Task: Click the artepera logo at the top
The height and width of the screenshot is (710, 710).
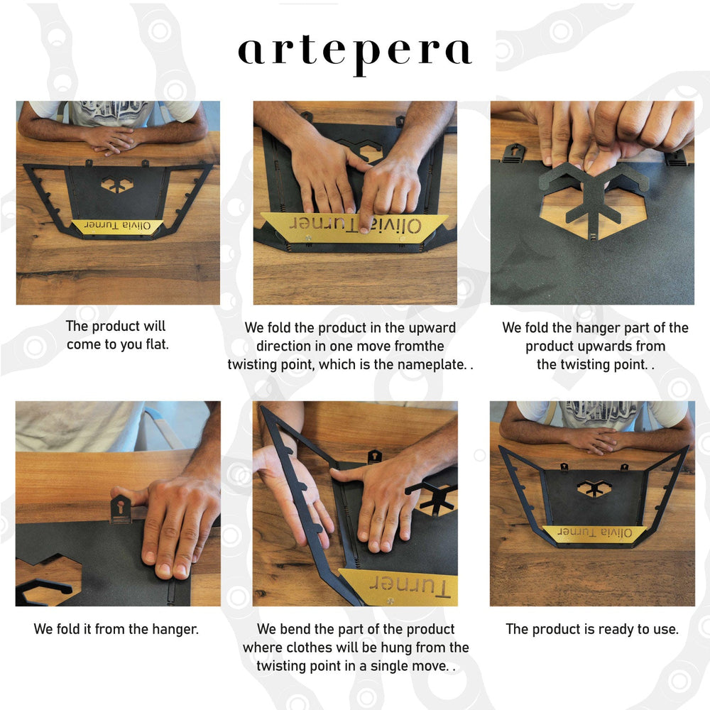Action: click(x=355, y=55)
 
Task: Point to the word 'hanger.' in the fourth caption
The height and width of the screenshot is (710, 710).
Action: click(x=175, y=629)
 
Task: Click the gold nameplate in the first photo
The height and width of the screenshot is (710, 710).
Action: click(x=117, y=226)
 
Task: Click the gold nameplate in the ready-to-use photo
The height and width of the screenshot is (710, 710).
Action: click(x=594, y=532)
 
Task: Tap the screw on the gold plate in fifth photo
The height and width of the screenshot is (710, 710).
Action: click(x=390, y=601)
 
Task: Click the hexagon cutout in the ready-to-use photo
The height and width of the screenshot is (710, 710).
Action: click(x=591, y=488)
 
